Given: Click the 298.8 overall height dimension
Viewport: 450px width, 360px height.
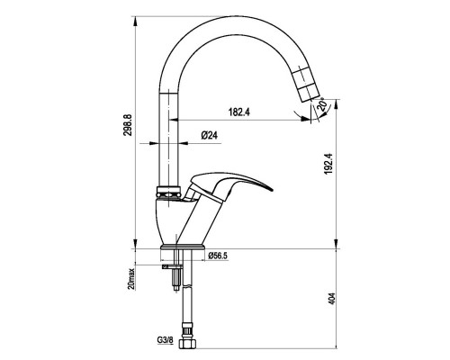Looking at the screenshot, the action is click(x=128, y=125).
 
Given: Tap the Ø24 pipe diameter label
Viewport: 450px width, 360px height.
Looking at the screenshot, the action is click(x=210, y=136).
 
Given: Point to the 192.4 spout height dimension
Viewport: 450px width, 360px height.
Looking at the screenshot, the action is click(x=328, y=164).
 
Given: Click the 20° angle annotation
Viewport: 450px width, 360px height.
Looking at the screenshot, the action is click(x=321, y=104).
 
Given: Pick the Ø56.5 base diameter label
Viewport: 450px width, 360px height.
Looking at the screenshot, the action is click(x=218, y=256).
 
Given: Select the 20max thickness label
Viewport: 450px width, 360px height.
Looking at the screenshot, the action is click(x=131, y=279).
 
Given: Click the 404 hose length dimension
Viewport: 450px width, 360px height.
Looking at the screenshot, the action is click(x=331, y=299).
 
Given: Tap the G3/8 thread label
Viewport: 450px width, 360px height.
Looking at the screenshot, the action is click(x=165, y=340).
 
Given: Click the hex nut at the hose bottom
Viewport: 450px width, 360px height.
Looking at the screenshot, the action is click(x=187, y=344).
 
